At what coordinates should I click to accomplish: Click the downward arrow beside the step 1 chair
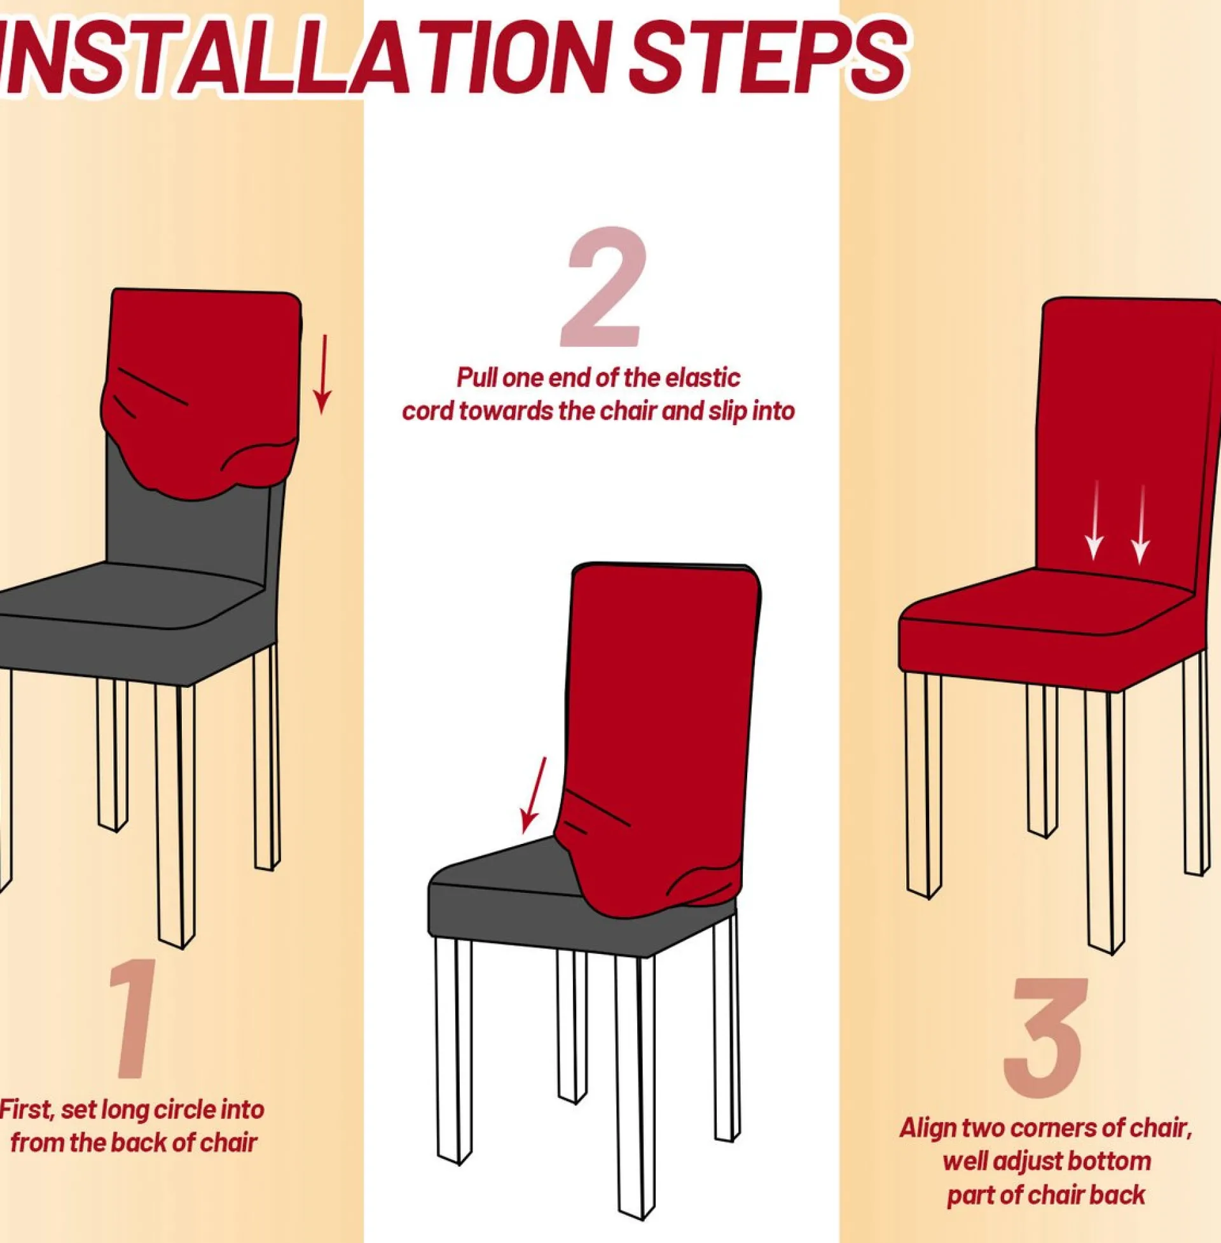coord(322,374)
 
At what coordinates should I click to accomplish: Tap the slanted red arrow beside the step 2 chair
coord(533,795)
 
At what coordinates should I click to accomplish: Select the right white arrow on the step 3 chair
coord(1140,524)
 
